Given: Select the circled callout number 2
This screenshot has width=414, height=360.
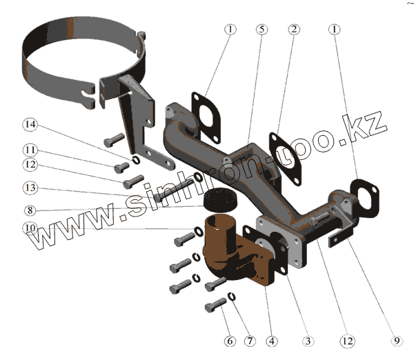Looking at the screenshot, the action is pyautogui.click(x=295, y=30).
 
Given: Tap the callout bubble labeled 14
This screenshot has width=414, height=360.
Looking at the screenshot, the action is pyautogui.click(x=30, y=125).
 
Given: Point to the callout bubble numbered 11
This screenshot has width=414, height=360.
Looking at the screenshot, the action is pyautogui.click(x=30, y=150).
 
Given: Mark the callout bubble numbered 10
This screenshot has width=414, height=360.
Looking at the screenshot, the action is pyautogui.click(x=30, y=227).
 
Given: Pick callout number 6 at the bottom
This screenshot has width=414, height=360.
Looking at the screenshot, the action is pyautogui.click(x=230, y=341).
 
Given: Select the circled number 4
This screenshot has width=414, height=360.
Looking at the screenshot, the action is pyautogui.click(x=273, y=341).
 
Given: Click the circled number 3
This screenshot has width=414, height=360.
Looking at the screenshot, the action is pyautogui.click(x=307, y=341).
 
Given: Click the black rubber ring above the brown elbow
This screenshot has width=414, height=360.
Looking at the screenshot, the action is pyautogui.click(x=220, y=197).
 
